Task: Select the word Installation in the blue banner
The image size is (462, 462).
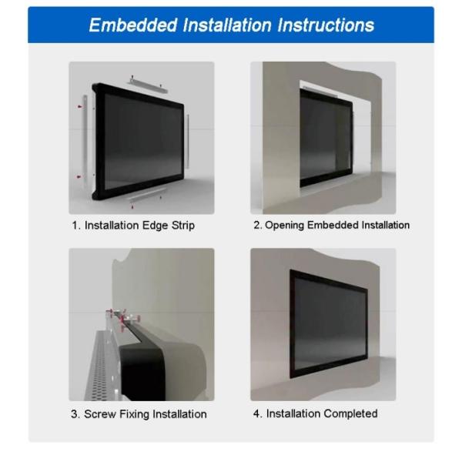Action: coord(220,25)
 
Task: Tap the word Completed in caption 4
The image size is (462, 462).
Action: coord(350,413)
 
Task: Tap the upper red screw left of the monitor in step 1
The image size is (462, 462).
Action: coord(79,101)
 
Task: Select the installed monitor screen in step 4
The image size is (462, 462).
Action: coord(331,323)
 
